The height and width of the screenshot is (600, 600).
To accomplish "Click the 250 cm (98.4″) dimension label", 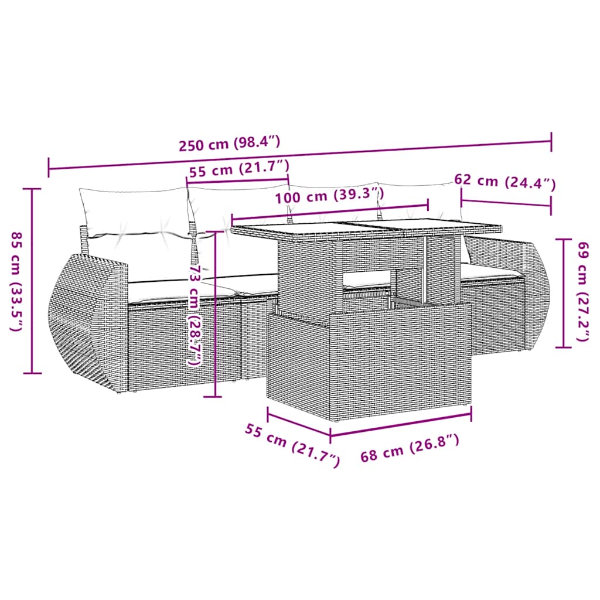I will pyautogui.click(x=230, y=142).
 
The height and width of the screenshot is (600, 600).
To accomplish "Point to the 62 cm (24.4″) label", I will pyautogui.click(x=504, y=182).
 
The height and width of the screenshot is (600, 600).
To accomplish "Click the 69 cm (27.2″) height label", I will pyautogui.click(x=582, y=292).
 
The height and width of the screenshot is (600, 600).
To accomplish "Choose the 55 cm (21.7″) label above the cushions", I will pyautogui.click(x=239, y=171).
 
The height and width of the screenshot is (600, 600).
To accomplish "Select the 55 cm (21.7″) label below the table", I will pyautogui.click(x=292, y=445).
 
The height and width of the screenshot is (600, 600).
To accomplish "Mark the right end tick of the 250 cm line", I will pyautogui.click(x=551, y=141).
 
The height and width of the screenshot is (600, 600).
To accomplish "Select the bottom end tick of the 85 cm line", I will pyautogui.click(x=32, y=373).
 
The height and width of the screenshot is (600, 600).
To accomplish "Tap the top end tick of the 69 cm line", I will pyautogui.click(x=564, y=239).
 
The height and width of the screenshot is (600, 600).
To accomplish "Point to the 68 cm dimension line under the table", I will pyautogui.click(x=401, y=424).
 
